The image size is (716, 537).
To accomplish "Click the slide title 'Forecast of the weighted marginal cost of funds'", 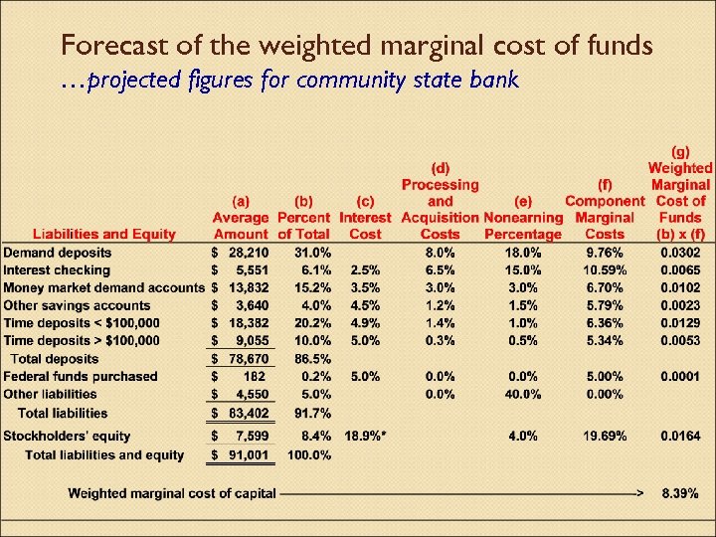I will tap(356, 45).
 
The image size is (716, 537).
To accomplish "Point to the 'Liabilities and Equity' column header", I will tap(104, 234).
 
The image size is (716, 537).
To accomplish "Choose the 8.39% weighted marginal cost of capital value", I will tap(679, 492).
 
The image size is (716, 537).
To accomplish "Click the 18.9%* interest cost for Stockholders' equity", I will tap(365, 436).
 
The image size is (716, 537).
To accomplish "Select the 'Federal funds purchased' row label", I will tap(80, 376).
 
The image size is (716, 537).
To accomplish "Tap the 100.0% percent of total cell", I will tap(306, 454).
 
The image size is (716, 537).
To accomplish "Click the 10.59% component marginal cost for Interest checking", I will tap(603, 270).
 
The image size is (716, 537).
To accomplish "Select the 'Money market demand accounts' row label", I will tap(103, 287).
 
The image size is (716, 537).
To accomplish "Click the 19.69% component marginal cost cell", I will tap(603, 436).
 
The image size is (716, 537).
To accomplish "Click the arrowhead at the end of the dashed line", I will tap(640, 492).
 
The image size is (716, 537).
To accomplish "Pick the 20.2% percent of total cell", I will tap(308, 323).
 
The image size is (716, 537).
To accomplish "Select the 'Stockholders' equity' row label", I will tap(67, 436).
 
